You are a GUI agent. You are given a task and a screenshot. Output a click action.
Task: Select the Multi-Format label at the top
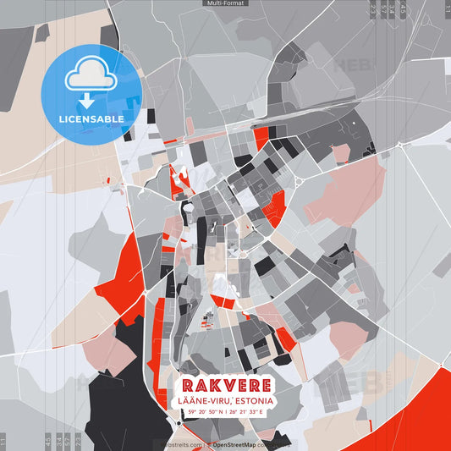coord(225,3)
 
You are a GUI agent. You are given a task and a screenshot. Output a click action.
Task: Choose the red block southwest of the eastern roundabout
coord(273,206)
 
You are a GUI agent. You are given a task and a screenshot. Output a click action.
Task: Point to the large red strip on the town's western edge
coord(123,271)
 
